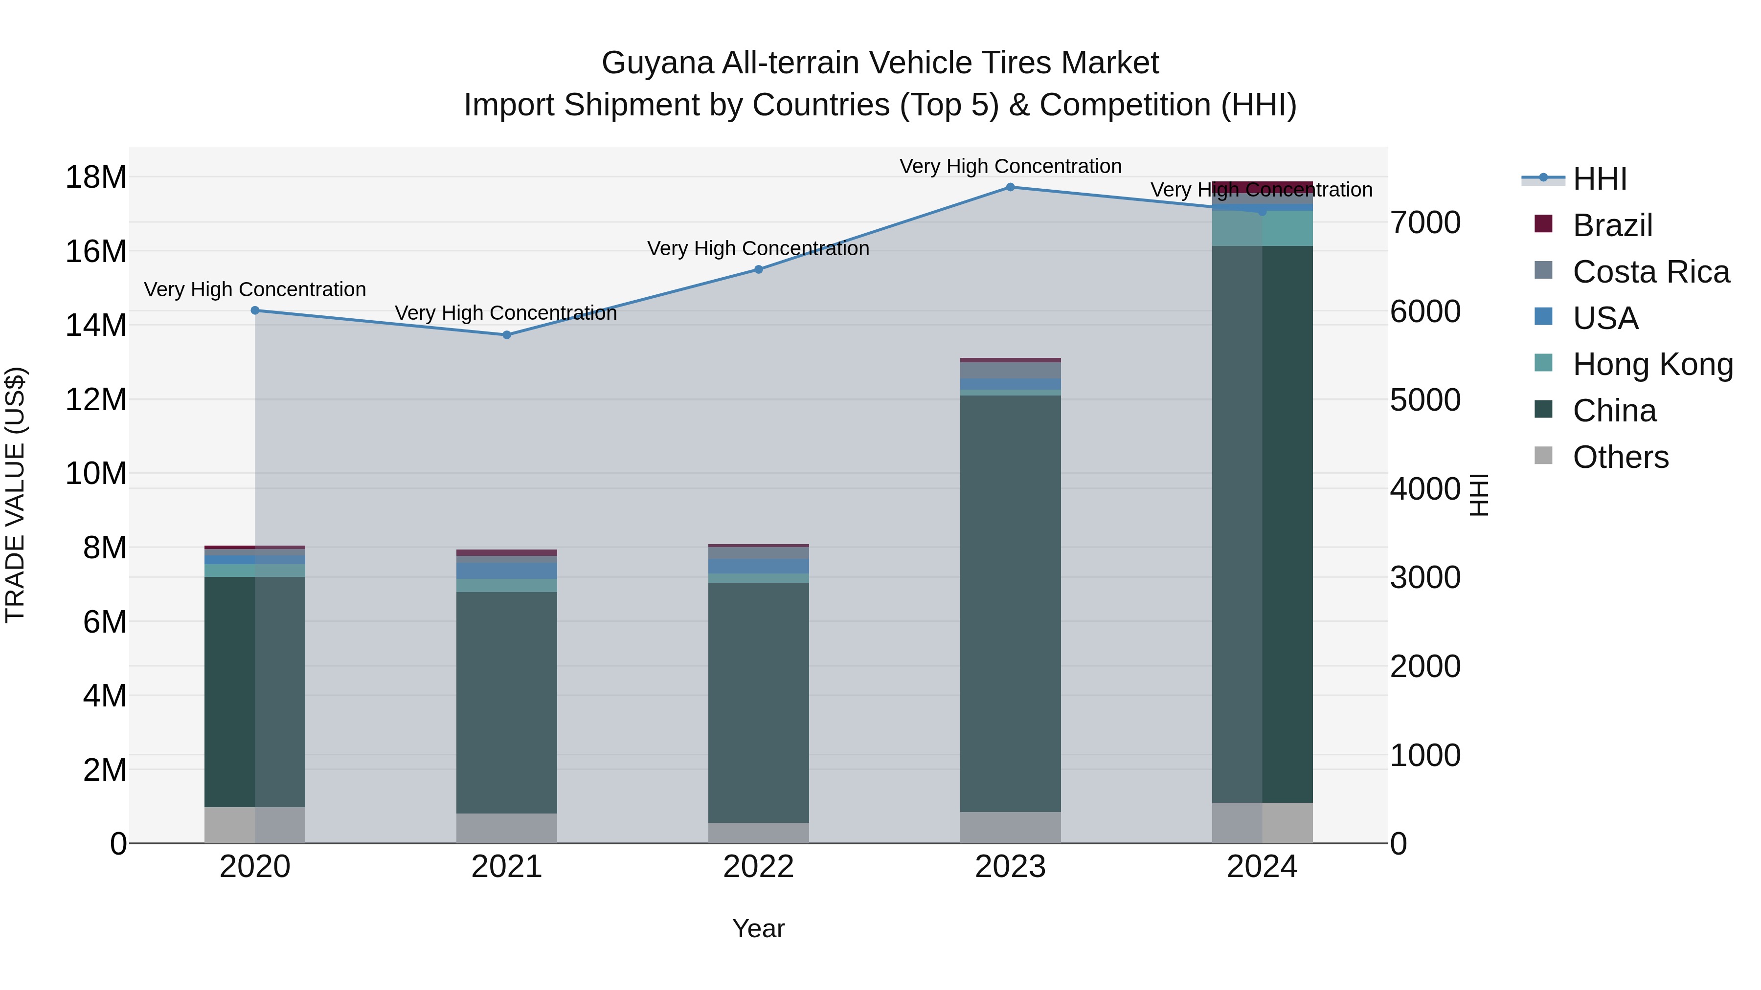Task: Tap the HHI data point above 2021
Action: coord(507,335)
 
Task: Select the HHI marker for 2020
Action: coord(255,310)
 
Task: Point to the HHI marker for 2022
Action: coord(758,269)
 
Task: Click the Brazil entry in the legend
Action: coord(1612,225)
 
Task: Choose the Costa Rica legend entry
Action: coord(1650,272)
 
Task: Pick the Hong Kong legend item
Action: coord(1652,364)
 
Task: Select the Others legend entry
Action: coord(1620,457)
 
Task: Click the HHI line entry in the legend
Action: coord(1599,179)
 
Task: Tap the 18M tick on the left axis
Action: coord(96,177)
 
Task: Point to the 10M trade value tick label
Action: coord(96,473)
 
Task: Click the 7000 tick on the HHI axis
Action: coord(1425,223)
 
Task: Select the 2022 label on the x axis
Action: coord(758,867)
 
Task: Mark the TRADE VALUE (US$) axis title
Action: coord(15,495)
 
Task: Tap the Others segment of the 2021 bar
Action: coord(507,828)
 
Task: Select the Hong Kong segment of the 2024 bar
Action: coord(1262,228)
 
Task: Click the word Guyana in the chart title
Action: coord(657,64)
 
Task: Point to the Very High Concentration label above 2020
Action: coord(255,290)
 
